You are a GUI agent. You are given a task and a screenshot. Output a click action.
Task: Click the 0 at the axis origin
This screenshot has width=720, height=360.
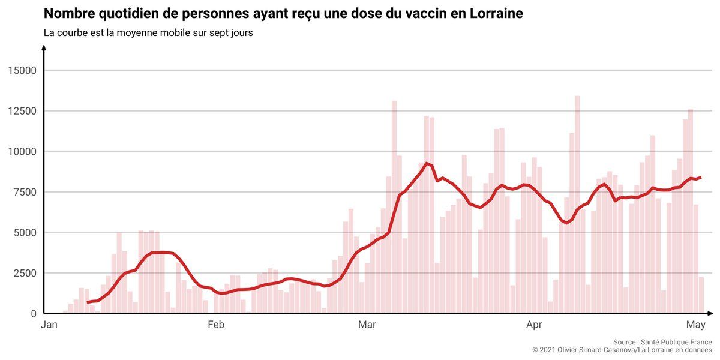point(34,313)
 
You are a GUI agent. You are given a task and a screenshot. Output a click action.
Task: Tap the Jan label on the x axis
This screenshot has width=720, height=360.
point(49,326)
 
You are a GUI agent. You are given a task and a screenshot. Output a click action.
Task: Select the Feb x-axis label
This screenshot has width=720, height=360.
point(215,326)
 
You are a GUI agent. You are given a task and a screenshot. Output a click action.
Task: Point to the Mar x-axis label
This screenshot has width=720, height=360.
point(367,326)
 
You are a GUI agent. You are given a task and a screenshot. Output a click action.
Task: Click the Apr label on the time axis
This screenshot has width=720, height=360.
point(534,326)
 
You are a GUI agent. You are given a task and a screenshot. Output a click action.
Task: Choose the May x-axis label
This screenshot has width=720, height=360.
point(695,326)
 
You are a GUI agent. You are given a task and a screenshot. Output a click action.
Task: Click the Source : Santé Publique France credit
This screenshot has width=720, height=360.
point(662,341)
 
